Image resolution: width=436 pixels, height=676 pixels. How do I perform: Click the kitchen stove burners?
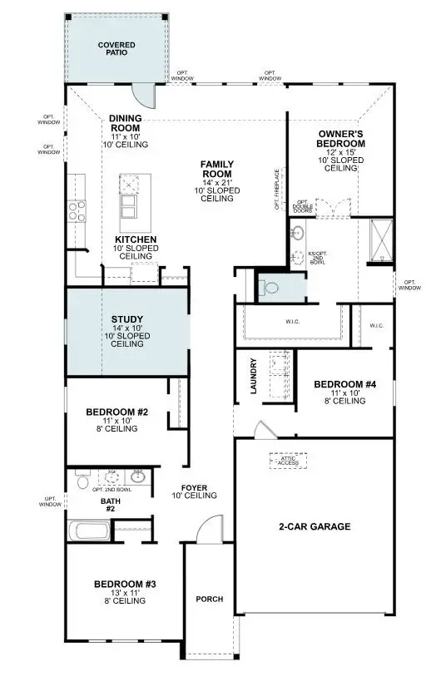[77, 211]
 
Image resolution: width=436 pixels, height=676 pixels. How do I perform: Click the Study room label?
[127, 318]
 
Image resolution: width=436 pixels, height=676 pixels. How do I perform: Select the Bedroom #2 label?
[116, 412]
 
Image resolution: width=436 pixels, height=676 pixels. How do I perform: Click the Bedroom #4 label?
[344, 384]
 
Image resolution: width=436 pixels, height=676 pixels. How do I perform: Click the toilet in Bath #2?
[82, 481]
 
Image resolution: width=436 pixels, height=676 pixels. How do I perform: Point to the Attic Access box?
[288, 460]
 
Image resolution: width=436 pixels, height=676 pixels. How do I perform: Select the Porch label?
[208, 599]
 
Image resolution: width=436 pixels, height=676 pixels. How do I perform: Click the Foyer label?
[194, 488]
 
